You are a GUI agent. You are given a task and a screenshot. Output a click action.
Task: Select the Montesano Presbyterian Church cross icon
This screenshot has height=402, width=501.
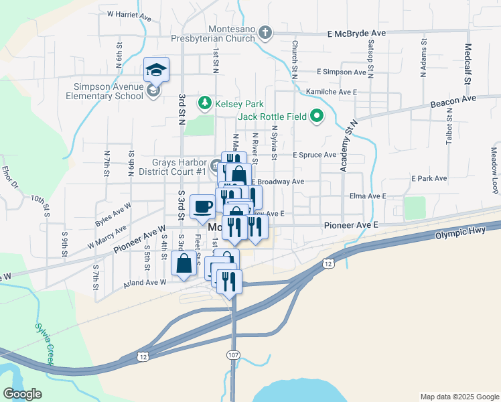tap(265, 32)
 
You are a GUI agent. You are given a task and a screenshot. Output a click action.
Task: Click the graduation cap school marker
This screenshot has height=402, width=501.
tap(156, 70)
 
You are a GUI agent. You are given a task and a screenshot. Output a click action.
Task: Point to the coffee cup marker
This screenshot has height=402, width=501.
tap(202, 206)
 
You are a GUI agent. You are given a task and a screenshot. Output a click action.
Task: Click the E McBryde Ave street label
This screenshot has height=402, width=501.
tap(356, 32)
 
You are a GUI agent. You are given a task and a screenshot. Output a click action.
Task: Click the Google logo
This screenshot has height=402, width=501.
tap(23, 395)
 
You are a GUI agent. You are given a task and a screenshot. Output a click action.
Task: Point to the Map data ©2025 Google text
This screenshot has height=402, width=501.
tap(459, 397)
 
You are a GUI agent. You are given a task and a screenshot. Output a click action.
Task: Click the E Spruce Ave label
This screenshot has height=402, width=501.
tap(314, 155)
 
